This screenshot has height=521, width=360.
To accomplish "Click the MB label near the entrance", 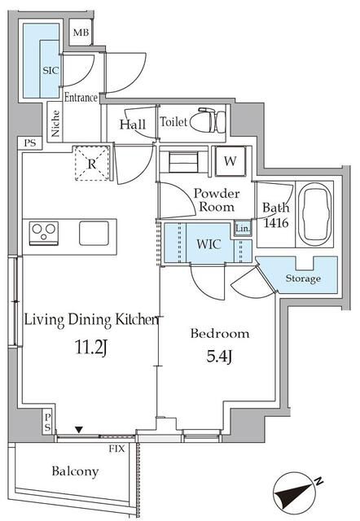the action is coord(81,33).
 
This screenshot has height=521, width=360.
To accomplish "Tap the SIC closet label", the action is coord(50,71).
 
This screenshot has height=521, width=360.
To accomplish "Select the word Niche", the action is coord(55,123).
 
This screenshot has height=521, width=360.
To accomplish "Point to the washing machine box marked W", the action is coord(230,161).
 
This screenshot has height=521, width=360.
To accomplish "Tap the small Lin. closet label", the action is coord(243,229).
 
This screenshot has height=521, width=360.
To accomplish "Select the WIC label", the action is coord(209,244).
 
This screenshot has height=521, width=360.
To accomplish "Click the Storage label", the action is coord(303,278).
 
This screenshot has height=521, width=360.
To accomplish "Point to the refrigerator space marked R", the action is coord(92,163).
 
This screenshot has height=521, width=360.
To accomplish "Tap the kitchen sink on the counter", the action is coord(94,233).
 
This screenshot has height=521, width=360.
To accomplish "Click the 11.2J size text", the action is coord(91,348).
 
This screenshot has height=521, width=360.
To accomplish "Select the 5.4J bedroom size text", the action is coord(219,357).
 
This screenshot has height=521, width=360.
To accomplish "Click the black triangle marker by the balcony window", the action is coord(78,430).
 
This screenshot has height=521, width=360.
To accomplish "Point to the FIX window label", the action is coord(117,449).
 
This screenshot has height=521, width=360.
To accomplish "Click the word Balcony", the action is coord(75,472).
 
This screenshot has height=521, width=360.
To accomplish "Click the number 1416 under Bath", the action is coord(276,222).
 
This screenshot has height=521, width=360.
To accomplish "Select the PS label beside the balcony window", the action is coord(48,422).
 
